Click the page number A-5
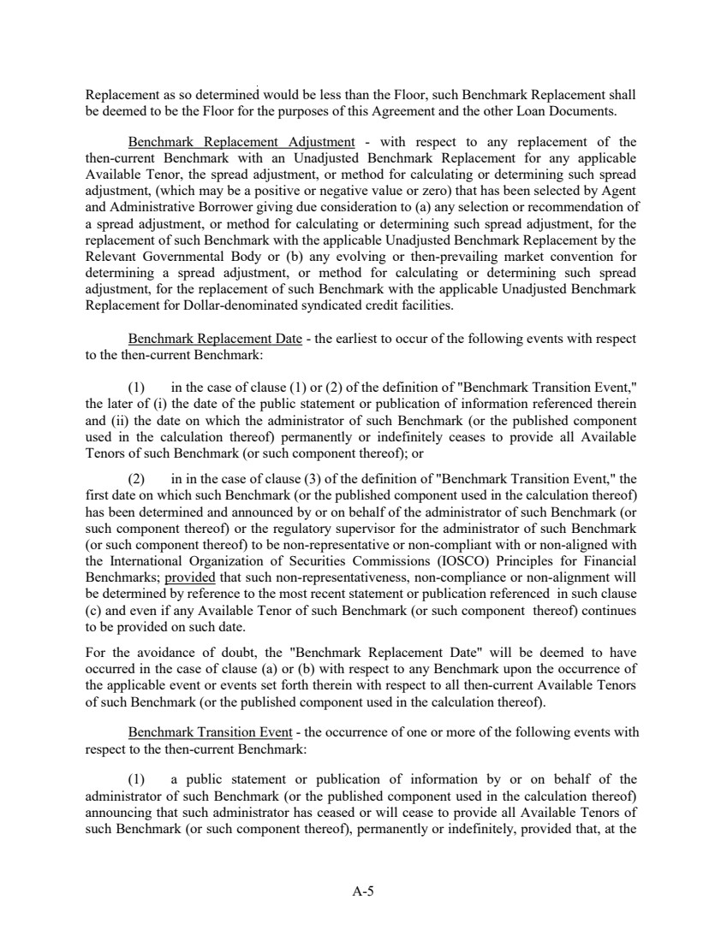[363, 891]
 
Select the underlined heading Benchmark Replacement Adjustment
[241, 141]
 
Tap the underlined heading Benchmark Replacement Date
[214, 338]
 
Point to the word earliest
[361, 338]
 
